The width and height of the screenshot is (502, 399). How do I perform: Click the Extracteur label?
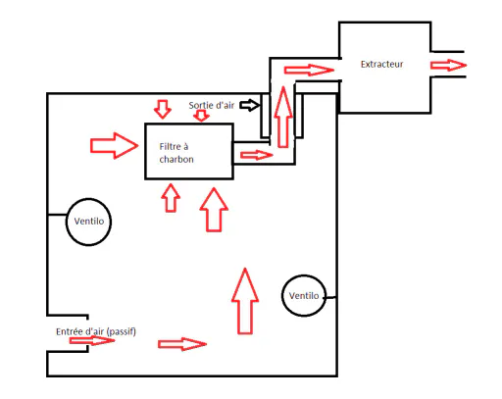pos(381,64)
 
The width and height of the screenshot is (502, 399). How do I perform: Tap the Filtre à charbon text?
pos(176,153)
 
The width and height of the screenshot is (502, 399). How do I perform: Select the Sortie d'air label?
pos(211,105)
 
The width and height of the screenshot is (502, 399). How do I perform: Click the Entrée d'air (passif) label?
pos(96,331)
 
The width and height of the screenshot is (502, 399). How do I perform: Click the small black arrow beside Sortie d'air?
pos(250,105)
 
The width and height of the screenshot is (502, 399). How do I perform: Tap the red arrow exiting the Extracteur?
pos(448,65)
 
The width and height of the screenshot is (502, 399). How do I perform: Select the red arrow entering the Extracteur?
pos(309,70)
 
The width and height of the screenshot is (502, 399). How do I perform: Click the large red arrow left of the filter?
pos(114,145)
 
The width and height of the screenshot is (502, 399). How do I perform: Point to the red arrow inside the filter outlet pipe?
pos(256,155)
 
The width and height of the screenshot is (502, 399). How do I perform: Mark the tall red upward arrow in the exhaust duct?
pos(283,117)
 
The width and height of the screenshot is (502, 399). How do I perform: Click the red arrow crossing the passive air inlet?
pos(92,340)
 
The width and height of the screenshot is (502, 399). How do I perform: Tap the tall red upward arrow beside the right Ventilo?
pos(245,301)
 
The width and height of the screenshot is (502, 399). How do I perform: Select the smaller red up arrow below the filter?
pos(171,198)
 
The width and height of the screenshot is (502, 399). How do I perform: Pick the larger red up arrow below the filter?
pos(214,210)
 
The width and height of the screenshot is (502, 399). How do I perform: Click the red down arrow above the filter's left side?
pos(163,109)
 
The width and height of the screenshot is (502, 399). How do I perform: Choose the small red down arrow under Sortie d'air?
pos(201,116)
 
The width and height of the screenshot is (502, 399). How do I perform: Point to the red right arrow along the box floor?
pos(182,344)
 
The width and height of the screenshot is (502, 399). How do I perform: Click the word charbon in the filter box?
pos(176,159)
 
